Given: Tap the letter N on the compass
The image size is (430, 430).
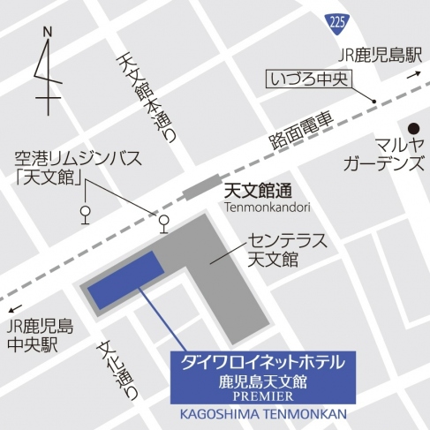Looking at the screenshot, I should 49,33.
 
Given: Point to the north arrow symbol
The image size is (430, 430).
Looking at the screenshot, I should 49,75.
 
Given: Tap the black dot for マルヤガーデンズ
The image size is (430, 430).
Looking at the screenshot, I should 413,126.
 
